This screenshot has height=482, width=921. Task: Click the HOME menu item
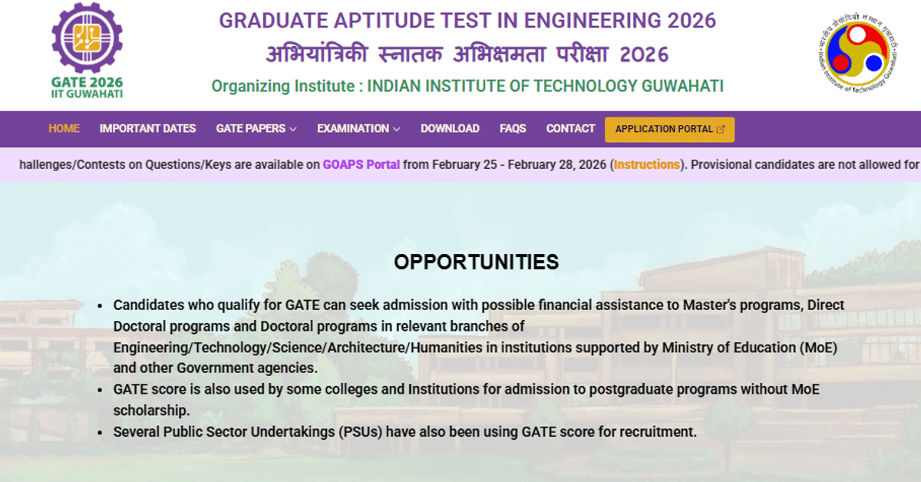(64, 129)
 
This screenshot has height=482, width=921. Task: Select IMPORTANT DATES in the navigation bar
(147, 129)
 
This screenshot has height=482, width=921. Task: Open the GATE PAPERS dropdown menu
(256, 129)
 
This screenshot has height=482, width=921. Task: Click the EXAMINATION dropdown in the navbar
(358, 129)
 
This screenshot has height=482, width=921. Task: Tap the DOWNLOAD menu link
(450, 129)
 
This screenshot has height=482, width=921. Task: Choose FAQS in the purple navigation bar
(513, 129)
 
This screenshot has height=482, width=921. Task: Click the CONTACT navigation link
(570, 129)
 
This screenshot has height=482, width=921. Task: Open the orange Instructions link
(647, 164)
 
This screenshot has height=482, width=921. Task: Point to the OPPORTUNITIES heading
(476, 262)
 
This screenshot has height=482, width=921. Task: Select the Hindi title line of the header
(467, 54)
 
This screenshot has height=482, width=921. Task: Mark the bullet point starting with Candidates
(101, 305)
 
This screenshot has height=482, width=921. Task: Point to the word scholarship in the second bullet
(151, 411)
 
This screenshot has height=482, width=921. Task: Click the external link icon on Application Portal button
(721, 130)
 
